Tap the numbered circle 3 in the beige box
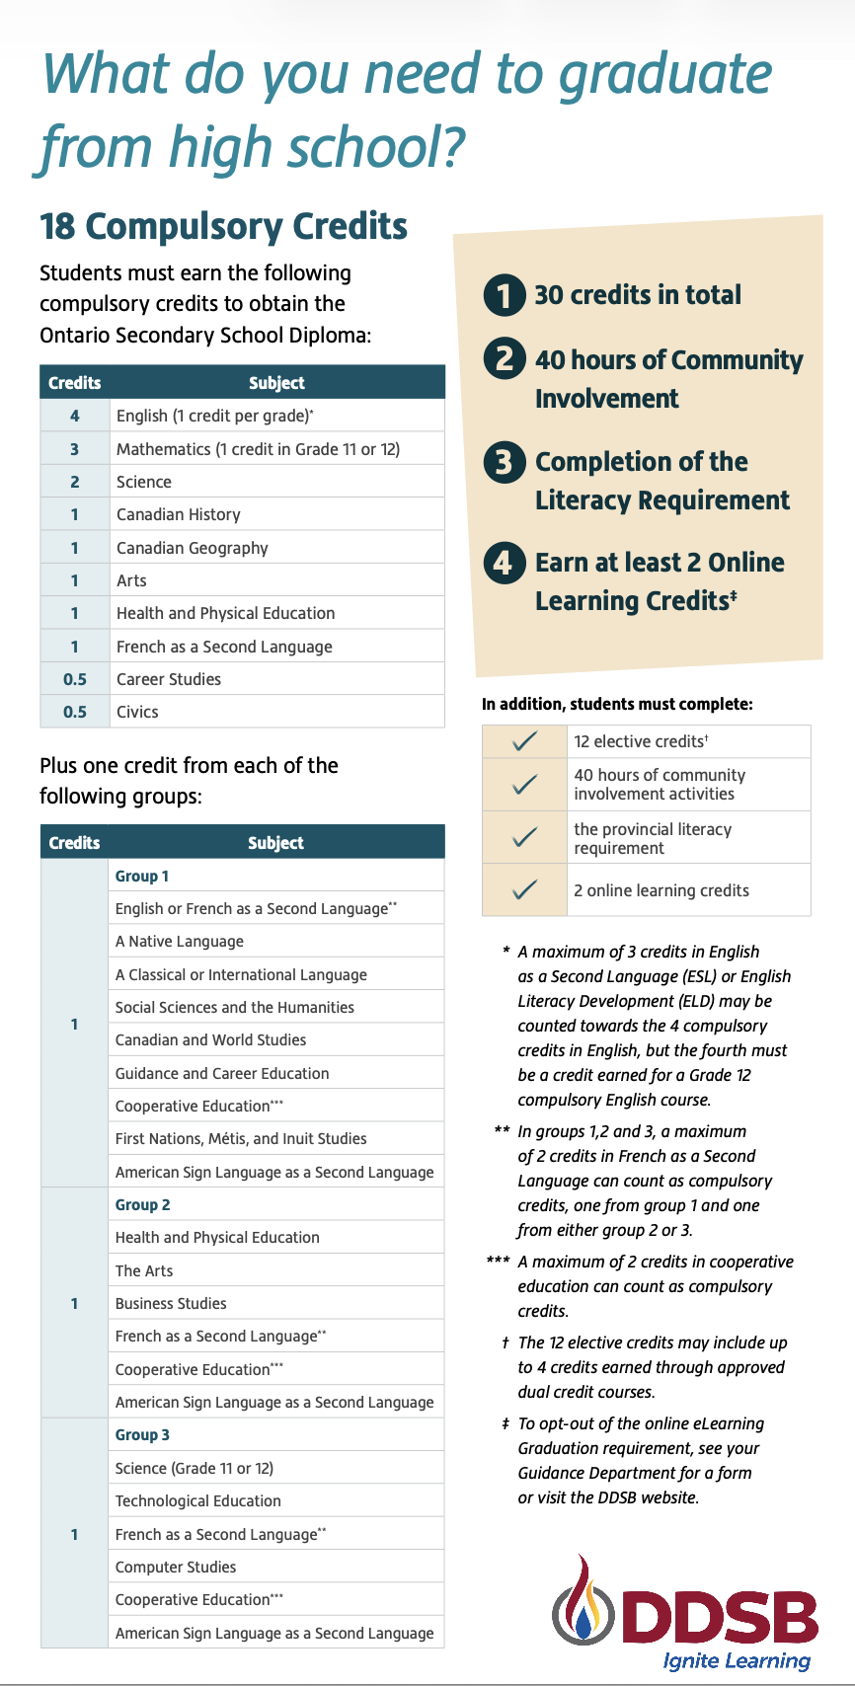504,462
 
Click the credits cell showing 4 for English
74,416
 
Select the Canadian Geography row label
192,548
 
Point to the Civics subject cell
137,712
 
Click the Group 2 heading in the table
142,1204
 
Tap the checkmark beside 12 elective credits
525,741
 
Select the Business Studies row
171,1303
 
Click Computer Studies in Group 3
176,1567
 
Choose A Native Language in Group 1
180,942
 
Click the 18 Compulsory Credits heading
223,226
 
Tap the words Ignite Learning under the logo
737,1660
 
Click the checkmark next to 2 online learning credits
525,889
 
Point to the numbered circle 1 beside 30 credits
504,295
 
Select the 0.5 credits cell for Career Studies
74,679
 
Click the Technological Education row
198,1500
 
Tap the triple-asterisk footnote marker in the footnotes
499,1262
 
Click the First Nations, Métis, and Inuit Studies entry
241,1138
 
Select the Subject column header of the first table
276,383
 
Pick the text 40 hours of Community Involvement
668,379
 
